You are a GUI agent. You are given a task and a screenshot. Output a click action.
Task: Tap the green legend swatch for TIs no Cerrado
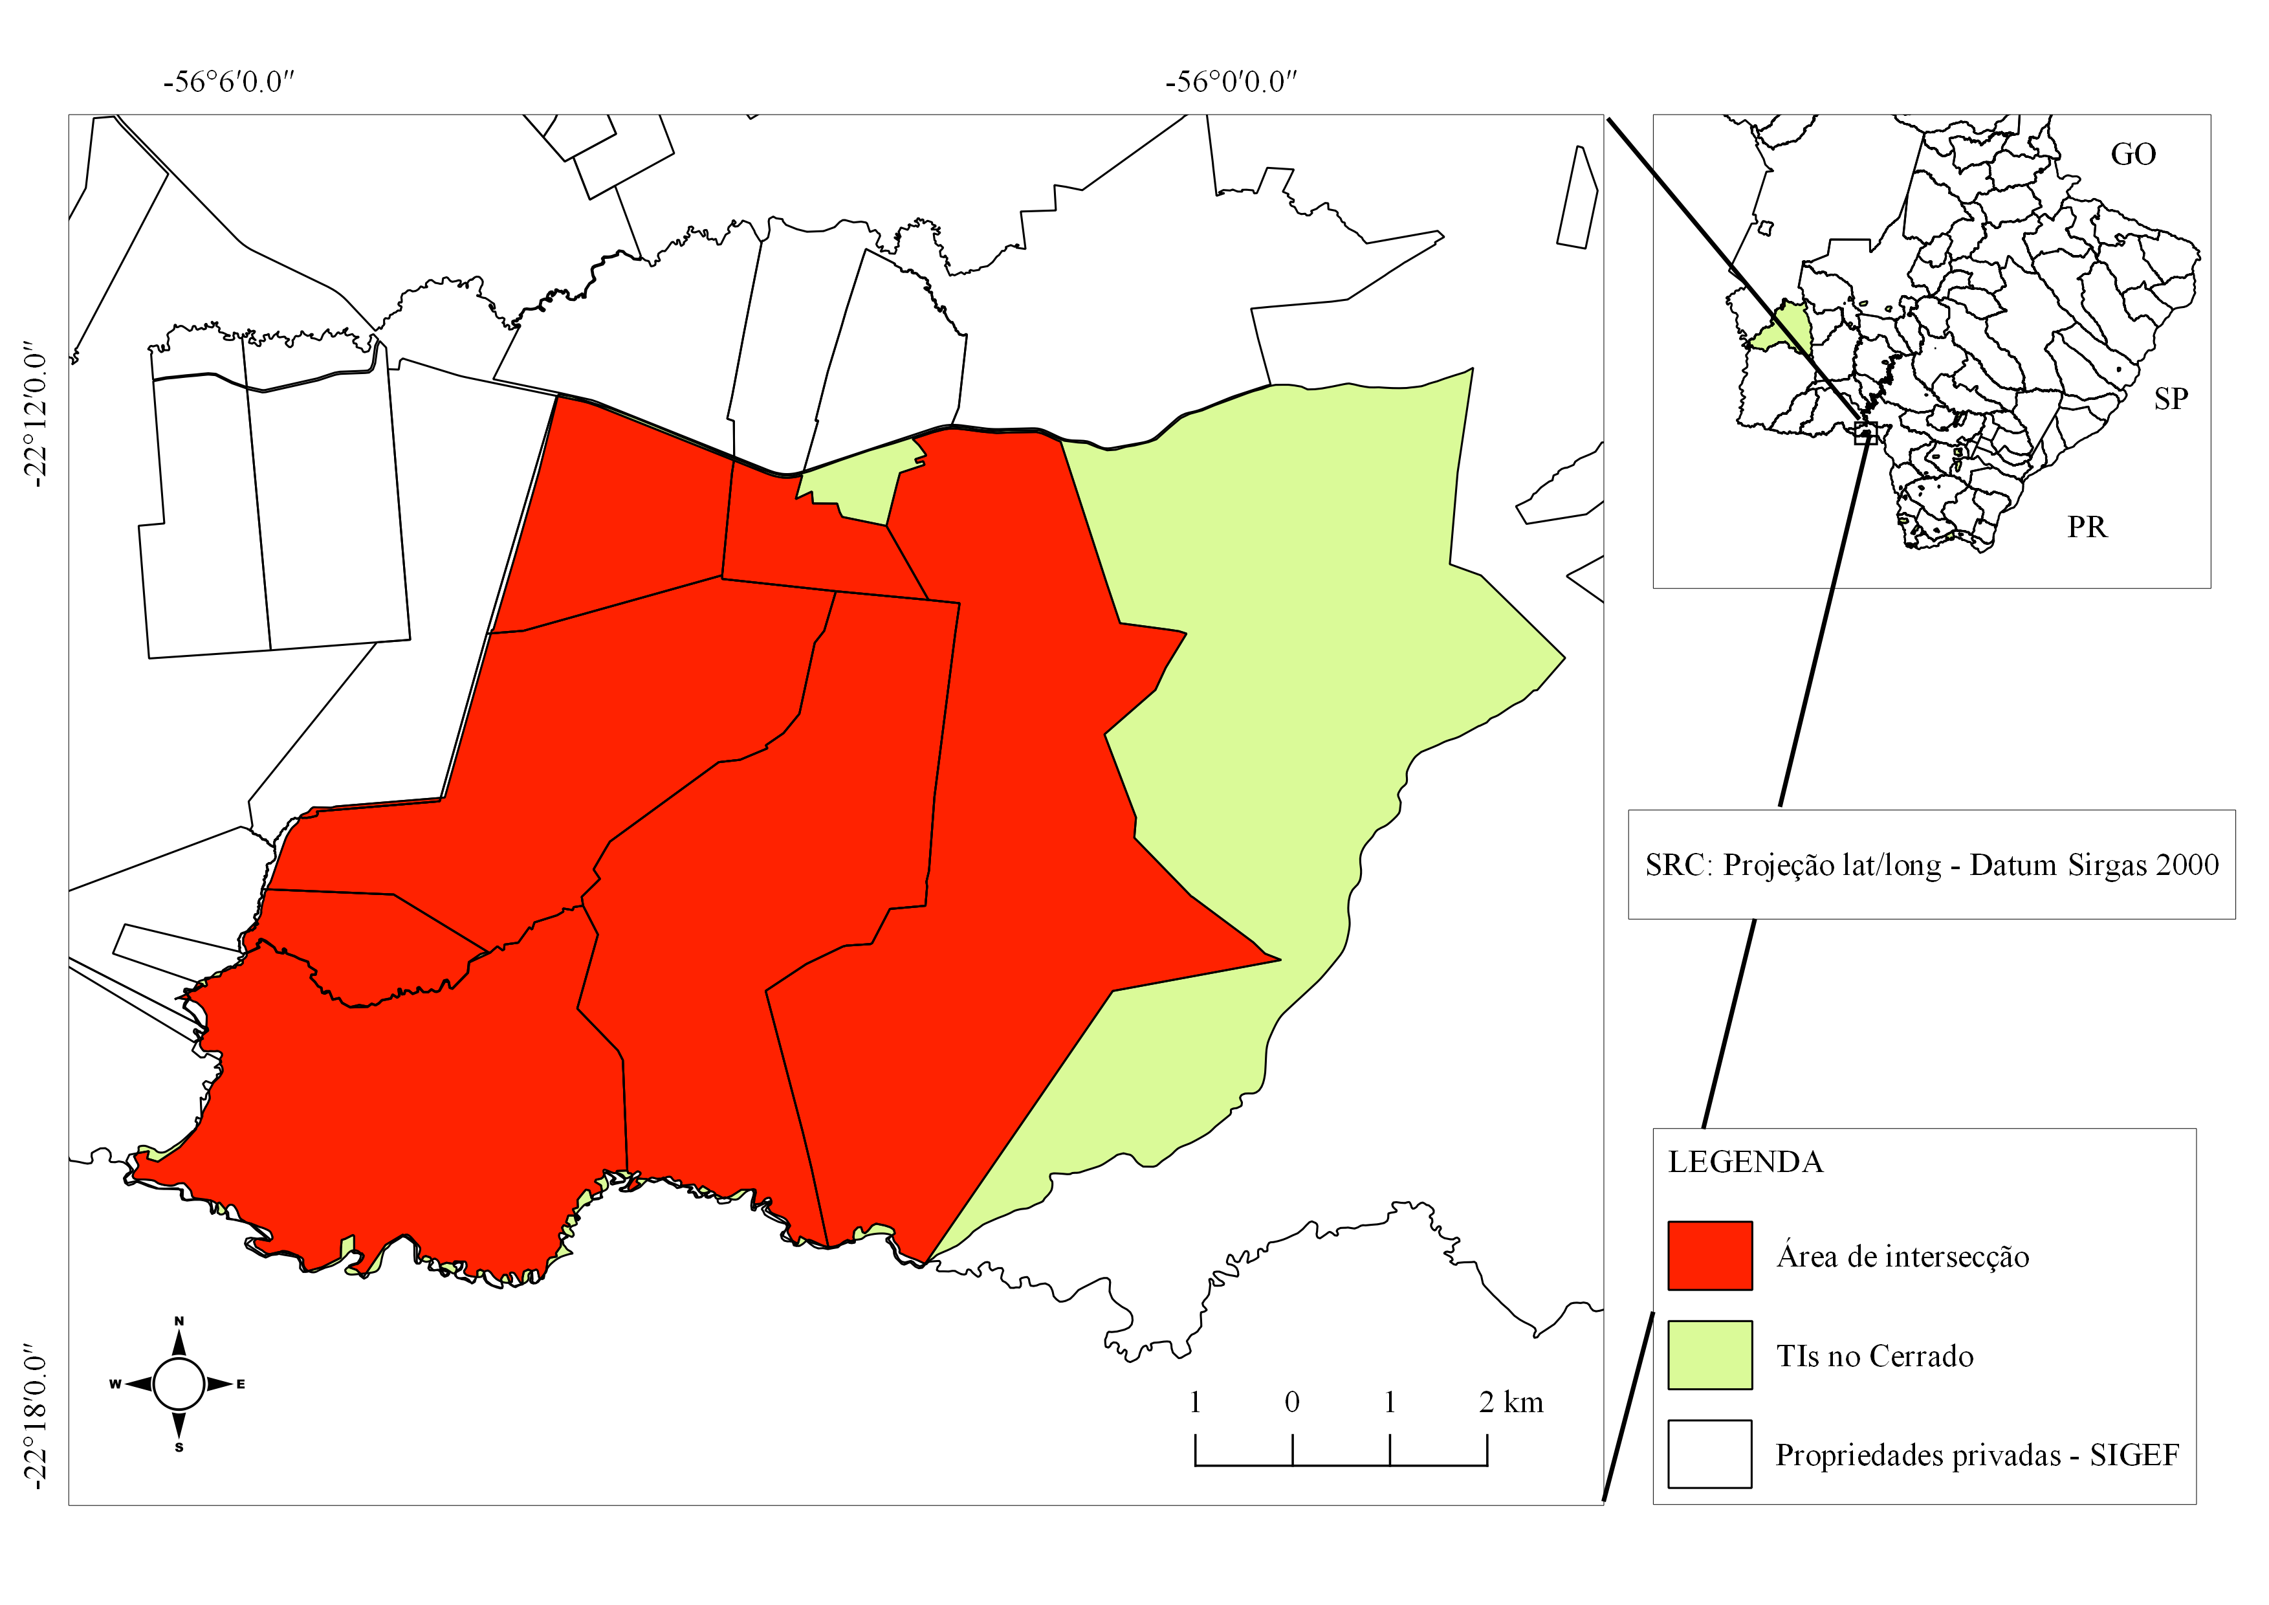point(1709,1355)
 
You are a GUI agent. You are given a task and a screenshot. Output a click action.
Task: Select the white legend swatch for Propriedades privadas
point(1709,1454)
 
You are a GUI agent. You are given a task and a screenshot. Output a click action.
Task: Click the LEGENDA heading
point(1745,1162)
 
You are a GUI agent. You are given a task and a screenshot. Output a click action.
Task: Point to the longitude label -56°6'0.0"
point(229,82)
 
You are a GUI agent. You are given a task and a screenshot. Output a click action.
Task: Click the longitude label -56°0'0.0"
point(1231,82)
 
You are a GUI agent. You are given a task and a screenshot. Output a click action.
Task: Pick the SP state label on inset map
point(2170,399)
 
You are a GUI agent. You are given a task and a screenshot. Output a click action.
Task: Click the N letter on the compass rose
point(179,1322)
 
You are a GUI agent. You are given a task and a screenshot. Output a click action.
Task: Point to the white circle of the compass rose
point(179,1384)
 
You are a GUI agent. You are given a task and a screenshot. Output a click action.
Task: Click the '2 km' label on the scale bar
point(1511,1402)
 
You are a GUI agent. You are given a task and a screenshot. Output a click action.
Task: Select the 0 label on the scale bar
point(1291,1402)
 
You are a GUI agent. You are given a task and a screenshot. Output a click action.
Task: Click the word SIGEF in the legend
point(2134,1456)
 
